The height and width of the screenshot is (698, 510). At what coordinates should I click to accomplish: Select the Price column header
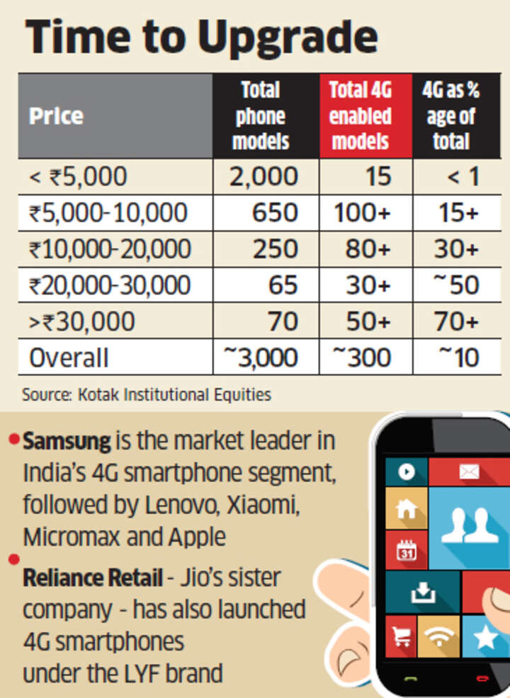56,116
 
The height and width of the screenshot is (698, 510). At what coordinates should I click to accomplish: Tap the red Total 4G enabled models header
361,115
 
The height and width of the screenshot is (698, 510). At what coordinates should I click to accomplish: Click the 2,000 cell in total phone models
263,176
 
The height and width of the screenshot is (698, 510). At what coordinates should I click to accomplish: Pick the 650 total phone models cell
275,212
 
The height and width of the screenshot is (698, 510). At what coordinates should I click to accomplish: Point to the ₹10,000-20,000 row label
110,249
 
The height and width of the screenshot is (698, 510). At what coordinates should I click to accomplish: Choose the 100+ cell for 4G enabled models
362,212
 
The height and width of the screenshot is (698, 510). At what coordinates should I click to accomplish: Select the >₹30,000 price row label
82,321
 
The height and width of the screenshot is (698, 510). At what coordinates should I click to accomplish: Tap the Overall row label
69,358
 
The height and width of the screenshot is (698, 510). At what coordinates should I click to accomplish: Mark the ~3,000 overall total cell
261,357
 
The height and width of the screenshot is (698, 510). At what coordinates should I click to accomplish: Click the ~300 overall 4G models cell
362,357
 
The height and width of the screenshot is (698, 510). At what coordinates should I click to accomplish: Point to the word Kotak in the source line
98,395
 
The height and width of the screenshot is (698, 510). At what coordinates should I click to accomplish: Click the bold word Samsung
67,442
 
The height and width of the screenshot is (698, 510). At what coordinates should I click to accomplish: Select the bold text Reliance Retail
93,578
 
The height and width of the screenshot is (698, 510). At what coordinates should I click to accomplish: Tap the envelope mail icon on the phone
469,471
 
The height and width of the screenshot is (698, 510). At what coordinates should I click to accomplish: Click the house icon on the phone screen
406,508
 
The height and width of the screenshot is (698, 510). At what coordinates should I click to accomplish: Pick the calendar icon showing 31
407,550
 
